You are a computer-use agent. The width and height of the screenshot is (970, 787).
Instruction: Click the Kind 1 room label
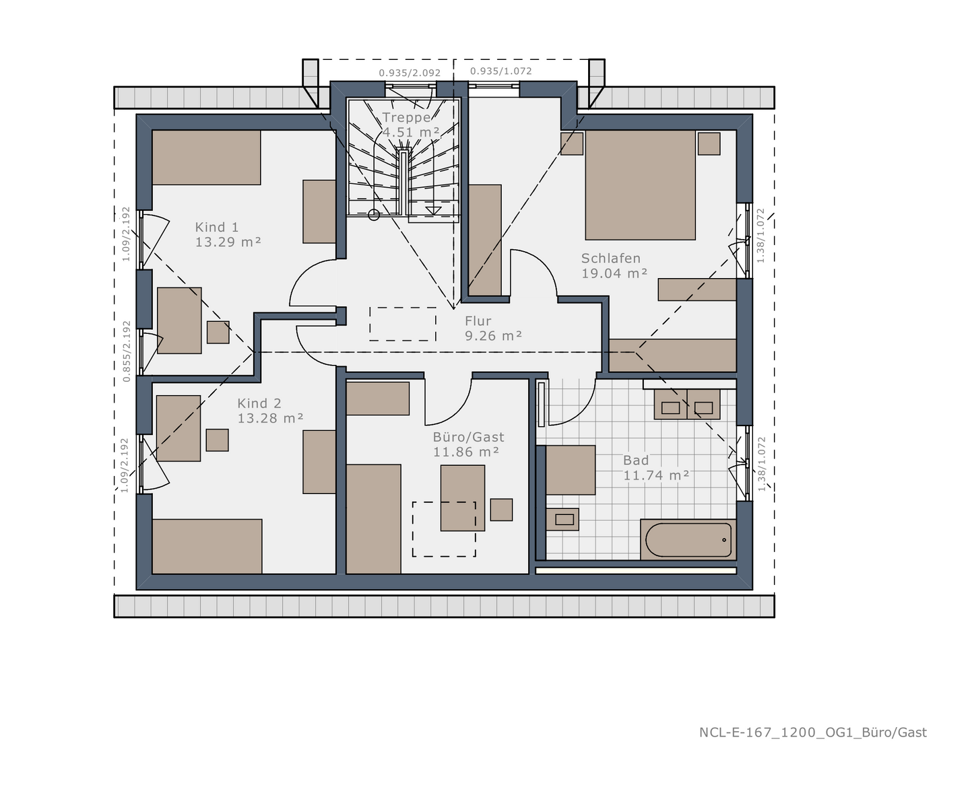[217, 228]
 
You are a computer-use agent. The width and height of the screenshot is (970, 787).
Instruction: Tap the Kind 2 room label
[259, 404]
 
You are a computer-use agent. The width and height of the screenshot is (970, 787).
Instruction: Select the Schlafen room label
[610, 259]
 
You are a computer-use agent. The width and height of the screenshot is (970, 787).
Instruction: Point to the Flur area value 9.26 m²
[493, 336]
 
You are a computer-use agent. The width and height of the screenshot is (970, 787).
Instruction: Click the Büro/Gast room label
[468, 438]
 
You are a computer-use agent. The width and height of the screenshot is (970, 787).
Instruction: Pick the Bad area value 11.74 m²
[656, 475]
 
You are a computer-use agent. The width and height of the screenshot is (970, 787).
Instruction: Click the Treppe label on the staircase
[406, 118]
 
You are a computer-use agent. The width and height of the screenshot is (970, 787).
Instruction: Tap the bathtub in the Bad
[688, 540]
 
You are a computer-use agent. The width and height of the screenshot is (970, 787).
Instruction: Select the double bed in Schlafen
[640, 185]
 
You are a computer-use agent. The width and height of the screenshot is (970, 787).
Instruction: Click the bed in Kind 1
[206, 158]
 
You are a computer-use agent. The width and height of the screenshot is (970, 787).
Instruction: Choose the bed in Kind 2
[207, 546]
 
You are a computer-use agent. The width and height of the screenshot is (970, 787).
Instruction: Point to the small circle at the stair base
[374, 215]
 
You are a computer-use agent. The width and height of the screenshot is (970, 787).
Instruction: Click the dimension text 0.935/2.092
[410, 73]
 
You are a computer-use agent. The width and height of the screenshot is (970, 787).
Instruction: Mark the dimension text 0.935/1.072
[500, 71]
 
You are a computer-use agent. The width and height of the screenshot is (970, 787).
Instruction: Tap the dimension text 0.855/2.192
[127, 351]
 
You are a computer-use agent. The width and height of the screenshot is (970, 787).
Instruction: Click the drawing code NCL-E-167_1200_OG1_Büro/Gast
[812, 732]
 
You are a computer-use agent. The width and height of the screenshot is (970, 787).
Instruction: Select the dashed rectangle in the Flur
[403, 324]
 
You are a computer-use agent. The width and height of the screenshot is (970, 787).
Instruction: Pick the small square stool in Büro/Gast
[501, 509]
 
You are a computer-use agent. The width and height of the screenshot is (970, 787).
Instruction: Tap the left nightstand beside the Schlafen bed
[572, 143]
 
